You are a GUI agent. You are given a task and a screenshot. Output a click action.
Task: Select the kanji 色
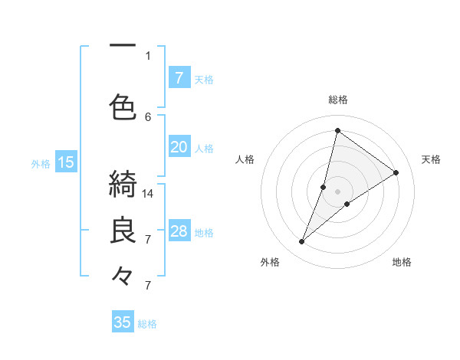123,106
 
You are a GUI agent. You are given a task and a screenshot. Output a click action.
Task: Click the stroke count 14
149,194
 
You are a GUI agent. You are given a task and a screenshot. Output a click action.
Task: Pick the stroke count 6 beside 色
148,116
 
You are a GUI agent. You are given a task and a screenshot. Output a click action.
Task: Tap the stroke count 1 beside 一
148,55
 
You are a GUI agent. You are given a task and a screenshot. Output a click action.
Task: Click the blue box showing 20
179,148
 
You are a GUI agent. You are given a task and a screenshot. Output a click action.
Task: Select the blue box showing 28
179,232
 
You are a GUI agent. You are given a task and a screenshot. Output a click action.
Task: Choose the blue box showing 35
123,322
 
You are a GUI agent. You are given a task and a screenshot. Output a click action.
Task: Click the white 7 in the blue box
179,78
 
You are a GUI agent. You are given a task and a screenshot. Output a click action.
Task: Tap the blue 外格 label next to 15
41,162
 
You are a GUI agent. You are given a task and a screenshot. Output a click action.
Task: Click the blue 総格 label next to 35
148,323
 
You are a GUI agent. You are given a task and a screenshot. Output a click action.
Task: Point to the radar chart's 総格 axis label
338,100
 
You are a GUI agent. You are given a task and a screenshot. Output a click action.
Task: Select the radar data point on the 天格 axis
396,172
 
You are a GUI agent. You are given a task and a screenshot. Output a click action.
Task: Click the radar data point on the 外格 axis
302,242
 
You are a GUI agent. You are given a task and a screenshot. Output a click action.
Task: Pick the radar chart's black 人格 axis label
245,159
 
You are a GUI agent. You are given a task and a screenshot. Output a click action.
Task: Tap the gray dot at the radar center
338,191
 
